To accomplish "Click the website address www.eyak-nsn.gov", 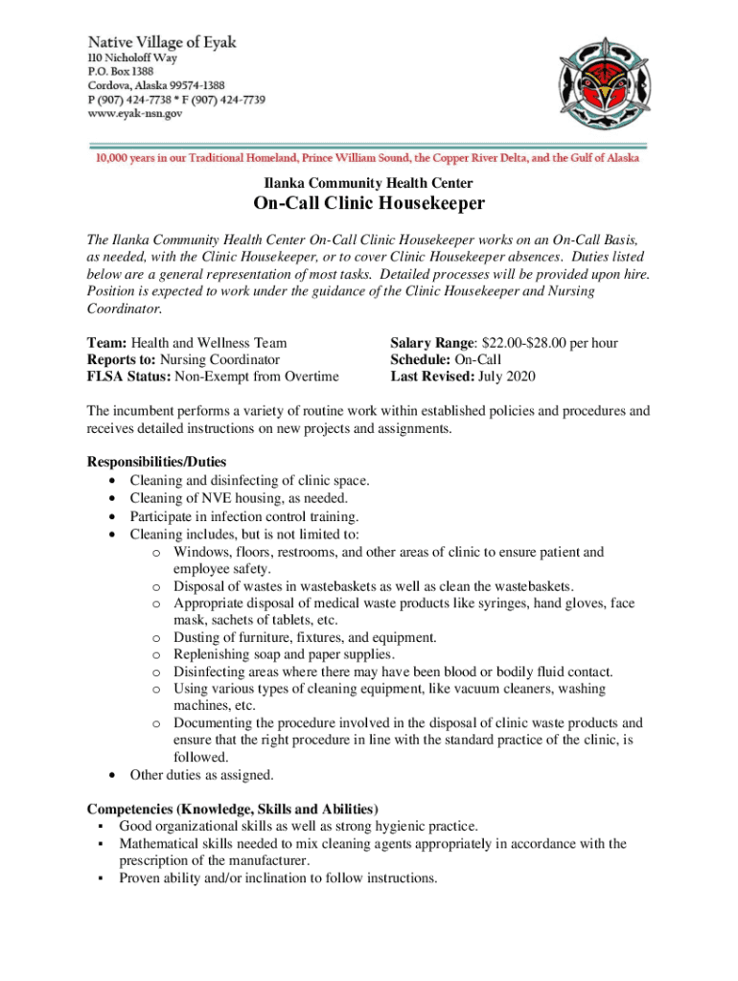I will (135, 113).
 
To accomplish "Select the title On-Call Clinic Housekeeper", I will (369, 204).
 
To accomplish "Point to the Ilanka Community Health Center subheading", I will (369, 183).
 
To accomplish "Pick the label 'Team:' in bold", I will (107, 342).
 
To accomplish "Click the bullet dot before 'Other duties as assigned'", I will (115, 775).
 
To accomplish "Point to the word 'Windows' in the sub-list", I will (200, 552).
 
